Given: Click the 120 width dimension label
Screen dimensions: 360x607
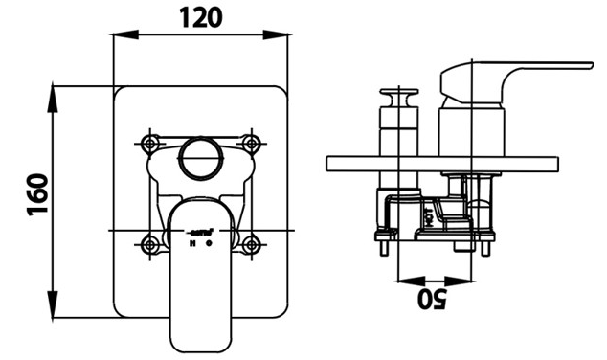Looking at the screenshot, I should point(201,17).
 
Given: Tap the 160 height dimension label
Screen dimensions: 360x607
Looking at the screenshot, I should point(37,194).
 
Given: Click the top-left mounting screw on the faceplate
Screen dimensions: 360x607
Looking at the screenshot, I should point(150,144).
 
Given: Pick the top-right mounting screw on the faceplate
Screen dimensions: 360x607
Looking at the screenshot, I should point(252,144).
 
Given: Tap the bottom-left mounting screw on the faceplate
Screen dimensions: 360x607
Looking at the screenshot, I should point(150,242).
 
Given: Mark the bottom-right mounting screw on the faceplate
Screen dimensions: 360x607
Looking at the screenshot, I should point(252,242).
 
